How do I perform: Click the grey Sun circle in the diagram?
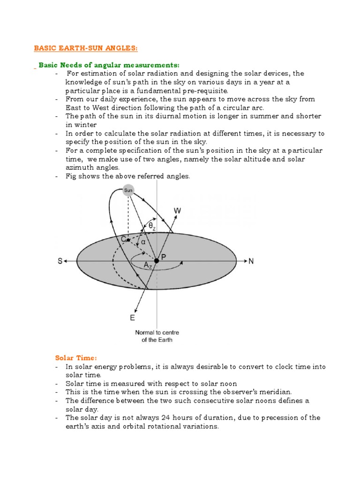128,191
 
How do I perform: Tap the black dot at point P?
157,261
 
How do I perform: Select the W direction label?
178,211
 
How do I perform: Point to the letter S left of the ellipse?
60,261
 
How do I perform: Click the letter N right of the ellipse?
251,261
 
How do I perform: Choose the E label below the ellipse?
132,318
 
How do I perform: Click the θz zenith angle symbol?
151,225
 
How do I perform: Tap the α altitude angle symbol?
143,242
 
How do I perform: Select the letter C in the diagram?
124,239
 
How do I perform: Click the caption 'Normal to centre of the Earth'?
157,336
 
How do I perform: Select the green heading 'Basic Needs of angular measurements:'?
109,65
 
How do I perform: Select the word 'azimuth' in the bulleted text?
79,167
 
